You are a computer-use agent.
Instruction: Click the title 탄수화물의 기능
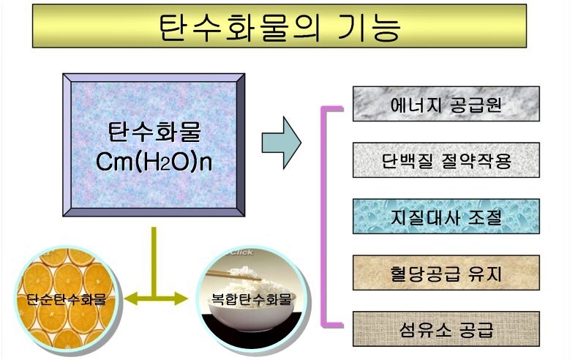pos(280,27)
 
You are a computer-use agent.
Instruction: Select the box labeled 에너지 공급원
pos(446,104)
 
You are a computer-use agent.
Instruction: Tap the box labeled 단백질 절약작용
pos(446,160)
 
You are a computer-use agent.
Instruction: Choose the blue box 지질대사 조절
pos(446,217)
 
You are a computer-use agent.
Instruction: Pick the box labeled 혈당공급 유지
pos(446,273)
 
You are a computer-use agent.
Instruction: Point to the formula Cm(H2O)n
pos(154,162)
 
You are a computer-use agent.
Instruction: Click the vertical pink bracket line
pos(323,217)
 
